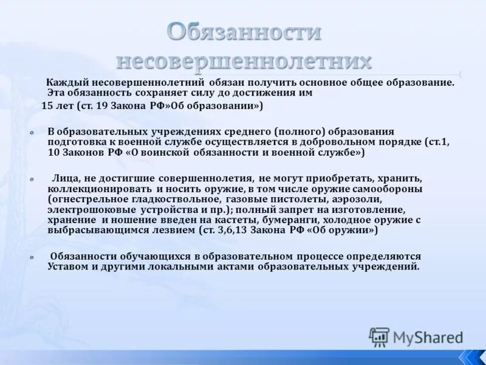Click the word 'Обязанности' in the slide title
tap(244, 32)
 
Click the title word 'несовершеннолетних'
tap(243, 61)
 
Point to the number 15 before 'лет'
tap(47, 105)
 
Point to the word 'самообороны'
tap(391, 189)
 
